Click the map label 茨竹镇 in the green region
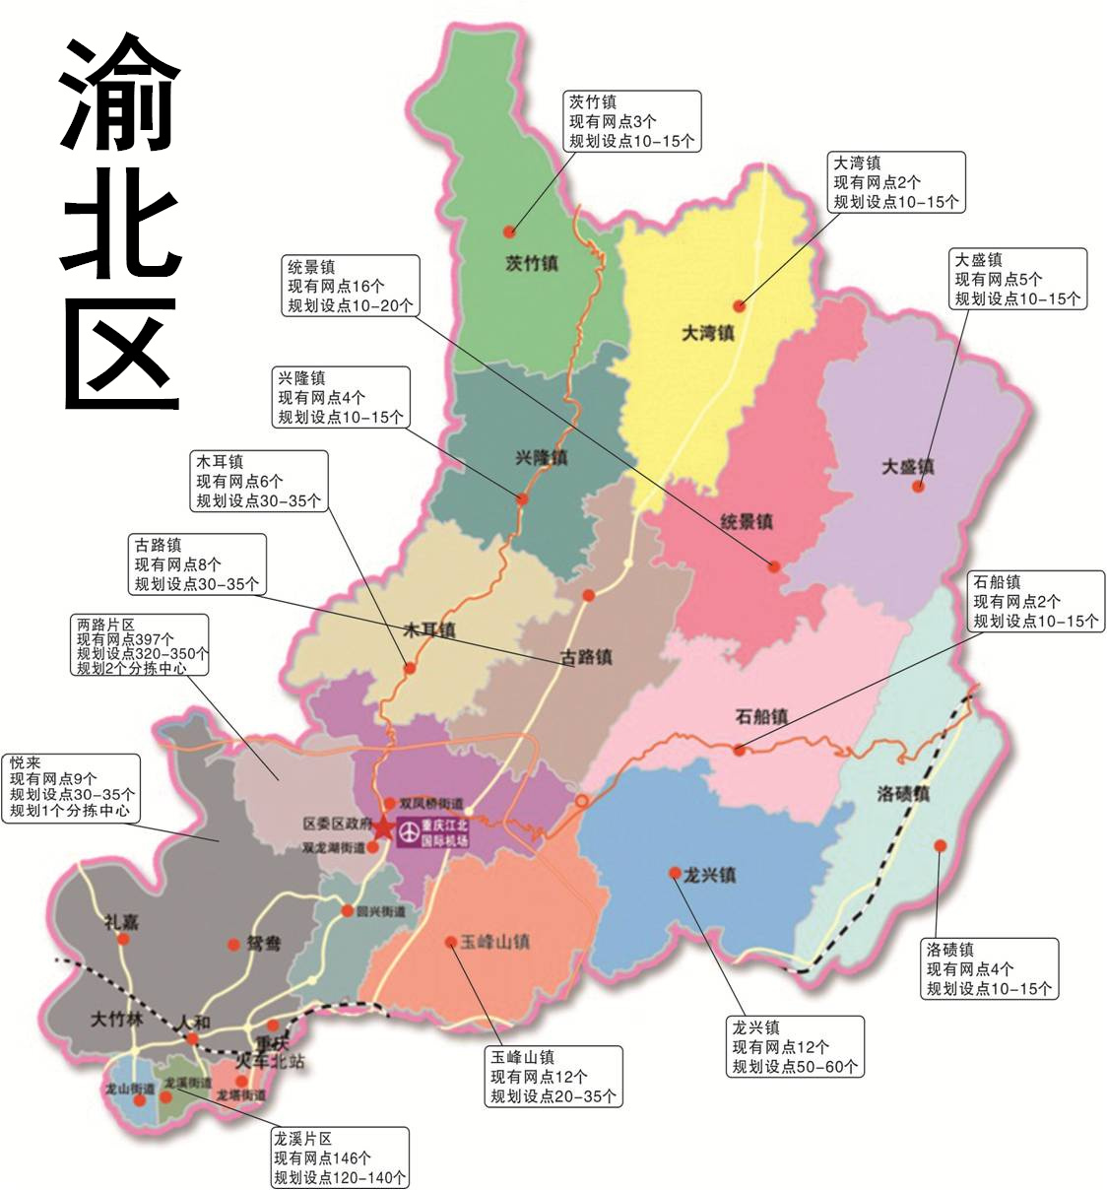click(531, 263)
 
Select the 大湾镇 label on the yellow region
click(708, 333)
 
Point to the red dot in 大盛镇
click(918, 486)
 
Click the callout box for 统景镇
click(350, 286)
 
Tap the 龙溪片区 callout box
click(339, 1157)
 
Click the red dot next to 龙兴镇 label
click(675, 873)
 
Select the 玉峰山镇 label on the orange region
click(494, 942)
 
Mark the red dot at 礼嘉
click(123, 939)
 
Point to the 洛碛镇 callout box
click(990, 968)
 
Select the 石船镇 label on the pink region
click(761, 716)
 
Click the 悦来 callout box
click(70, 788)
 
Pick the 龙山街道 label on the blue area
click(130, 1088)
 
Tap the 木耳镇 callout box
click(258, 481)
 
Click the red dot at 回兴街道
click(348, 911)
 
